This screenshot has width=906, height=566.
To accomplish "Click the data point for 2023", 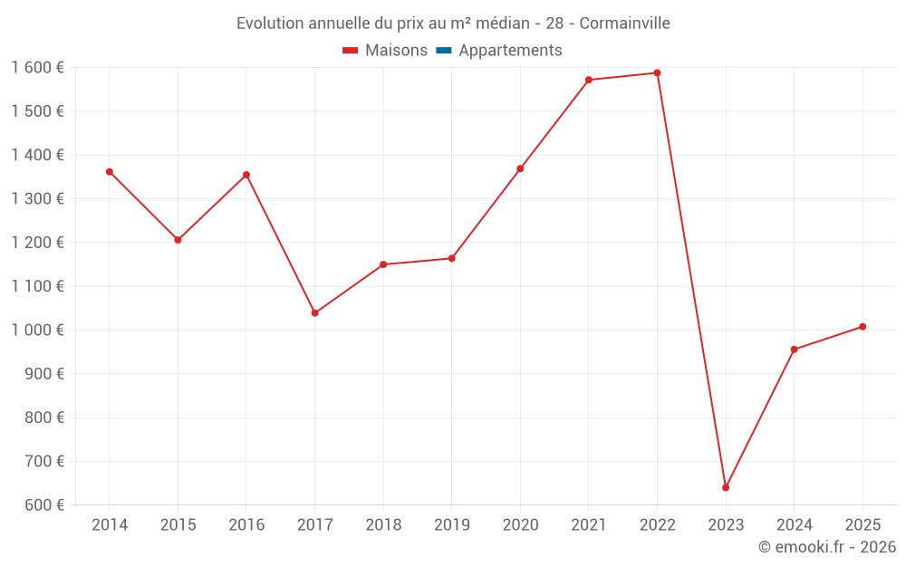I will click(x=726, y=487).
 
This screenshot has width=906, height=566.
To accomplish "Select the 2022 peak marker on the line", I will click(x=657, y=73).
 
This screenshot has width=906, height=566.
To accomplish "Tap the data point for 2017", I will click(x=314, y=313).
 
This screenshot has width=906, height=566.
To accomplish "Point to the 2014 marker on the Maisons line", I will click(x=110, y=171).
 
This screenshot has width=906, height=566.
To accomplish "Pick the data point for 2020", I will click(x=520, y=168).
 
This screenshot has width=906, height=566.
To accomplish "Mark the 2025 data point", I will click(x=863, y=327).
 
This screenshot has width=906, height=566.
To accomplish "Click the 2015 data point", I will click(x=178, y=240).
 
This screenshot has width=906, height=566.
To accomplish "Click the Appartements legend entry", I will click(x=510, y=51).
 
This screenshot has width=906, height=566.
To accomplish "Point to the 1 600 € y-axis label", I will click(x=37, y=68).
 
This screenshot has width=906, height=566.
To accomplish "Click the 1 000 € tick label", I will click(x=37, y=331).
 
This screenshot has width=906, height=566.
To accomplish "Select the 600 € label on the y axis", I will click(x=43, y=505).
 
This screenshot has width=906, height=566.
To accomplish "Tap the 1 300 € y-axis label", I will click(x=37, y=199).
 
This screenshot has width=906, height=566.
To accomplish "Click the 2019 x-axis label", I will click(x=452, y=525).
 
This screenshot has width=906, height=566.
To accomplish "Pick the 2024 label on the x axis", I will click(x=794, y=525).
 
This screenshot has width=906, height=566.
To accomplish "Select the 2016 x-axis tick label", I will click(x=246, y=525).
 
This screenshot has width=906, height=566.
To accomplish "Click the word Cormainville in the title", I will click(x=624, y=24).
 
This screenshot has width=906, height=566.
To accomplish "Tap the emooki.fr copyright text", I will click(x=827, y=547).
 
